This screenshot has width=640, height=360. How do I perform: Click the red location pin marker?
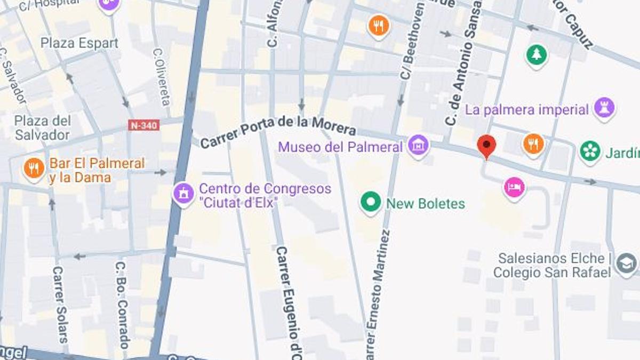[486, 146]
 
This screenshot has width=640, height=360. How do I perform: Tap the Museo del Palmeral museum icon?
[418, 145]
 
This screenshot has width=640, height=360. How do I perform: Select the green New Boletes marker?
[371, 203]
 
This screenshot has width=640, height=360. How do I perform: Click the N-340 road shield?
[143, 125]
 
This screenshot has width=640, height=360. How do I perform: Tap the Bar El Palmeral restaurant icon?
[33, 169]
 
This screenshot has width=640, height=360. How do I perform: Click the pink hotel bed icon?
[514, 187]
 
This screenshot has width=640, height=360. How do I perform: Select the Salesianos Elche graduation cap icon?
[625, 264]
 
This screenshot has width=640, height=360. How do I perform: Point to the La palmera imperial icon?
[604, 109]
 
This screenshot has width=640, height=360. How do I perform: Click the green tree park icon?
[536, 55]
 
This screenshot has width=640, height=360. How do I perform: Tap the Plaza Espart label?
[79, 43]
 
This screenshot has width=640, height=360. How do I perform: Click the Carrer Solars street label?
[60, 304]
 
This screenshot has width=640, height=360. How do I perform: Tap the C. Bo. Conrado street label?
[122, 305]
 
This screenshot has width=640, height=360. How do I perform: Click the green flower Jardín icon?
[590, 151]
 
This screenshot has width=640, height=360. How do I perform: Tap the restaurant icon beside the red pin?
[533, 143]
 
